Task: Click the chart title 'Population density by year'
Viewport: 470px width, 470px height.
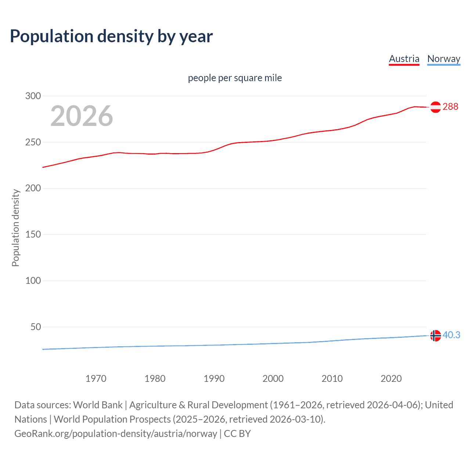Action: tap(111, 36)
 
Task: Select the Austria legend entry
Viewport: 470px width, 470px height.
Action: tap(404, 59)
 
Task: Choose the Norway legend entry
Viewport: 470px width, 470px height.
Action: tap(444, 59)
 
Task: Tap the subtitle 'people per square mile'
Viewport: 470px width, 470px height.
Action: tap(235, 78)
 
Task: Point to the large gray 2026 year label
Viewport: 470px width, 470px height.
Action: tap(82, 116)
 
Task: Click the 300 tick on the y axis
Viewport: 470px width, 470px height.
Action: tap(33, 96)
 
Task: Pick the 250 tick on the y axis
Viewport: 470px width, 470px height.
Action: tap(33, 142)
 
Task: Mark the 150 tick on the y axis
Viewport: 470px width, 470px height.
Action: tap(33, 234)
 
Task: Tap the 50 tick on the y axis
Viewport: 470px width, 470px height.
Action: tap(36, 327)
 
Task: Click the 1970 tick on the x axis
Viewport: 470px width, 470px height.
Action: tap(96, 379)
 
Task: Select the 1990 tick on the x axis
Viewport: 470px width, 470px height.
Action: tap(214, 379)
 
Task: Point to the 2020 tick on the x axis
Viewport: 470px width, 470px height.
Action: tap(391, 379)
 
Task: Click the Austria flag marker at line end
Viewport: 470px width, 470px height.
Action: tap(435, 107)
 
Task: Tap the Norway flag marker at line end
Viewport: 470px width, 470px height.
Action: tap(435, 336)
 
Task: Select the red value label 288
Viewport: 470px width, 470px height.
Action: tap(451, 106)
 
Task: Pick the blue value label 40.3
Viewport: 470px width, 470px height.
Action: tap(451, 335)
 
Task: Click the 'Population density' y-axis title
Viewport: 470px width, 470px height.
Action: tap(15, 228)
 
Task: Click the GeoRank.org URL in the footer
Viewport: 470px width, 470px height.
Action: tap(116, 434)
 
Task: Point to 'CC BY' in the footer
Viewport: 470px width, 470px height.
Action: tap(237, 434)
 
